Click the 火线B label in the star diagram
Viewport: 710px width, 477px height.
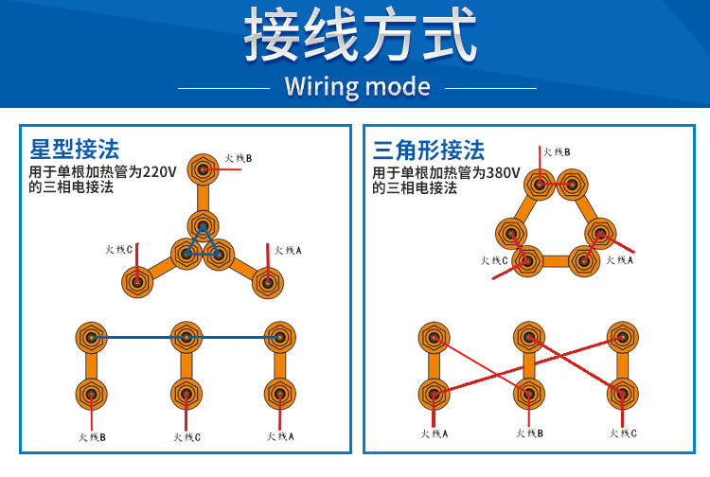(239, 158)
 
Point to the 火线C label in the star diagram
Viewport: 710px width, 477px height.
(118, 250)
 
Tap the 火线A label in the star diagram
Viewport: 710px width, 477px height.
(288, 250)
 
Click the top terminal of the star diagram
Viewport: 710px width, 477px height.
(202, 170)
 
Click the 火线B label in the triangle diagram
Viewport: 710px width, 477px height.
(557, 151)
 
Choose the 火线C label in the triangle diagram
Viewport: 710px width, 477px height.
(494, 260)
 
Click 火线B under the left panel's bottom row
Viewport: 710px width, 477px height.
(92, 436)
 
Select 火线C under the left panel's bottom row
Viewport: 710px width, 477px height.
(186, 436)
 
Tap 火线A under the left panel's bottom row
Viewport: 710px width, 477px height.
(280, 436)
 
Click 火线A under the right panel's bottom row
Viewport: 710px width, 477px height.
(434, 433)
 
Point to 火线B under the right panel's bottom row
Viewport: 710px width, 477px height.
(529, 433)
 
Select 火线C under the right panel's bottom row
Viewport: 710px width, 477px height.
(623, 433)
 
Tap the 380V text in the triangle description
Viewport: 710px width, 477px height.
(502, 172)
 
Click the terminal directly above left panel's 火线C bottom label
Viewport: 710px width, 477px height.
(186, 394)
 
